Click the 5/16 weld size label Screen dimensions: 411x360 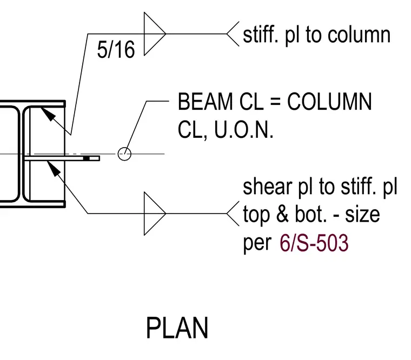(116, 50)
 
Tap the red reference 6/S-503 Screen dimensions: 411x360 (314, 243)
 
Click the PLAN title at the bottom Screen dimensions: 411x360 (177, 328)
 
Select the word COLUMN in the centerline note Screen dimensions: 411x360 (329, 102)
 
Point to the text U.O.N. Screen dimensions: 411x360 (244, 130)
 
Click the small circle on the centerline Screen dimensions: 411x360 (124, 154)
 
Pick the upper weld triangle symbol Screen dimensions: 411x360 (155, 34)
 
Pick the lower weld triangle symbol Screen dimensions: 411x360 (155, 214)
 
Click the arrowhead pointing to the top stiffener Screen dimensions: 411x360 (48, 114)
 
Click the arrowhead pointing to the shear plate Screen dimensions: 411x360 (54, 169)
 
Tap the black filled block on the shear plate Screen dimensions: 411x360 (86, 158)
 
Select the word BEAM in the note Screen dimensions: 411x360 (205, 102)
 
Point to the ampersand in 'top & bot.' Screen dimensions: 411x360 (282, 215)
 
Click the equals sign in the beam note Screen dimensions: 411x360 (275, 102)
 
